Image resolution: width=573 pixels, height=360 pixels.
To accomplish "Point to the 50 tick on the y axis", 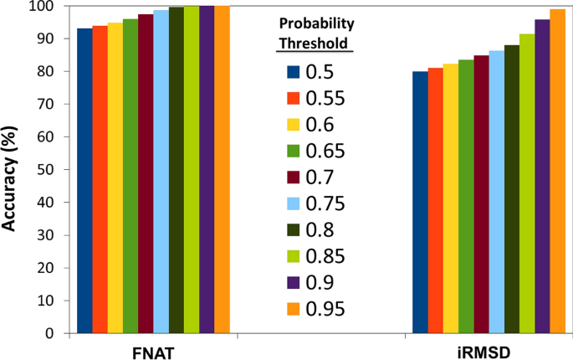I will pos(52,170).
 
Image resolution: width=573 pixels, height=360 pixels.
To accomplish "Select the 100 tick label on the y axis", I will pos(49,8).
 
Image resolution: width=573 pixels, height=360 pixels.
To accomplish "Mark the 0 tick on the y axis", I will pos(55,333).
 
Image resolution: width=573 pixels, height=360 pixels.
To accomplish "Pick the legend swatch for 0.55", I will pos(294,99).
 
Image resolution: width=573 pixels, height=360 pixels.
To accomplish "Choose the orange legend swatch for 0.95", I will pos(294,309).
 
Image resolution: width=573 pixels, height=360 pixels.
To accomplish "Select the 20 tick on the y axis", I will pos(52,268).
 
